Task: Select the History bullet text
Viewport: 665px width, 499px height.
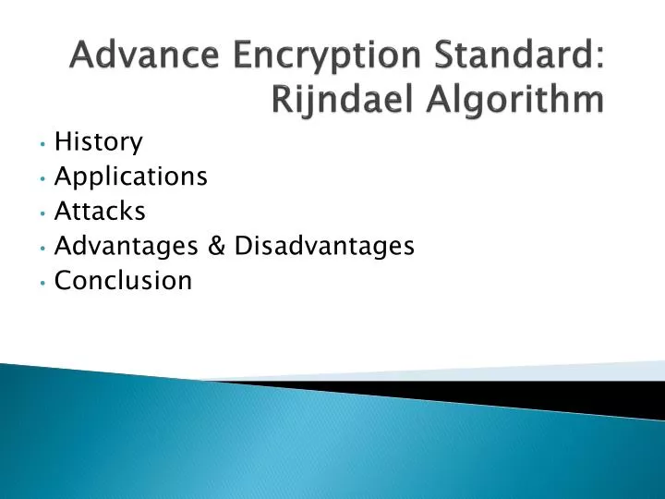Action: (99, 142)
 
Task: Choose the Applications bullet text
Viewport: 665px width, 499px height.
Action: (131, 177)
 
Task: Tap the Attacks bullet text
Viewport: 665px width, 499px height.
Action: (100, 212)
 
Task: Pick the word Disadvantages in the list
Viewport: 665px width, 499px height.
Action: (324, 246)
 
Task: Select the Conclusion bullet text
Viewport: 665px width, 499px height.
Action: (124, 280)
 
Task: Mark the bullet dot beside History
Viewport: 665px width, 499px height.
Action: (43, 144)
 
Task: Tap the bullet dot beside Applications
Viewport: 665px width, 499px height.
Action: (43, 178)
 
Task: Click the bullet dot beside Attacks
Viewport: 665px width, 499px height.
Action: (43, 213)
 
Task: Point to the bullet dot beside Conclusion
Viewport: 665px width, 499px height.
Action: (43, 282)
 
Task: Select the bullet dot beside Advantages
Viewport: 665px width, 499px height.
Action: (43, 248)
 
